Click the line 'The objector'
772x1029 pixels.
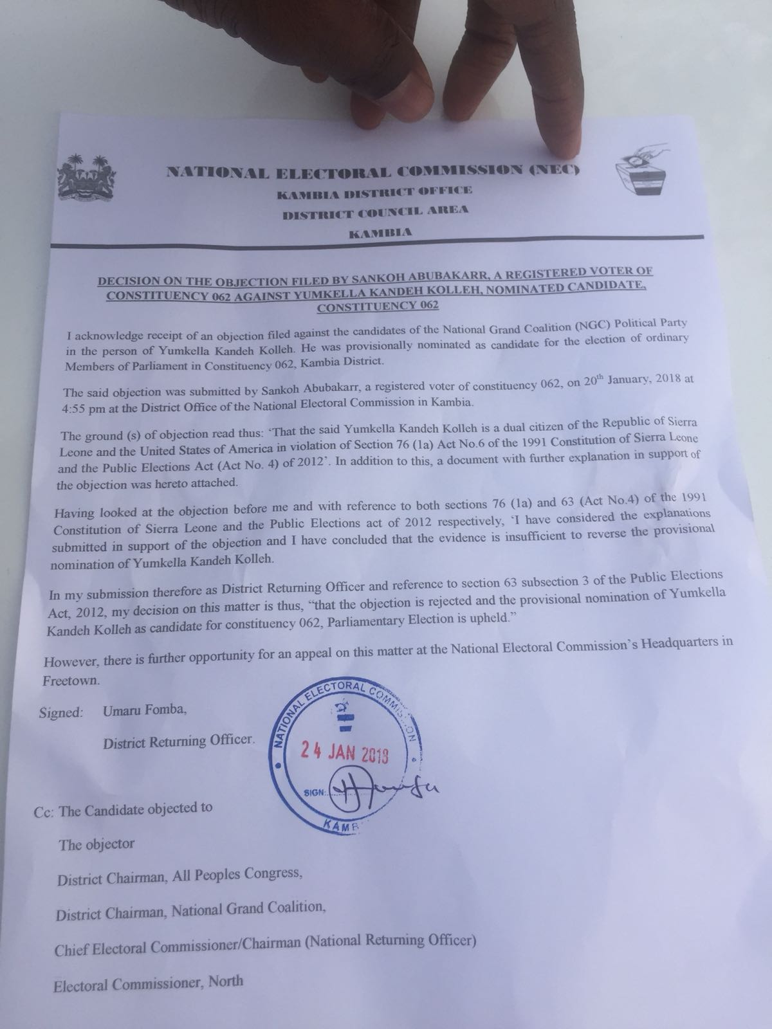(96, 844)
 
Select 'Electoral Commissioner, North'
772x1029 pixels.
(149, 982)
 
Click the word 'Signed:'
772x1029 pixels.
(60, 713)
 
